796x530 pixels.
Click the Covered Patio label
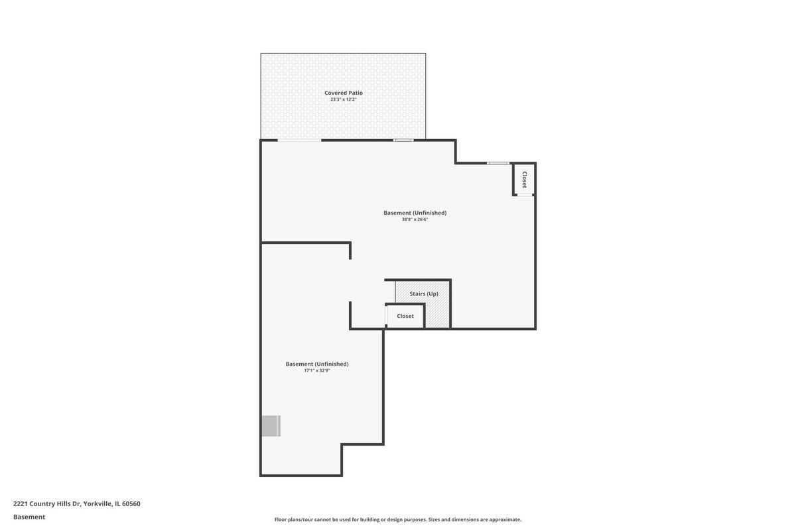click(344, 93)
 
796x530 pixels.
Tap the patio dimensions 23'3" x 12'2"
click(344, 99)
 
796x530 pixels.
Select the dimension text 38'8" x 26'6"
click(415, 219)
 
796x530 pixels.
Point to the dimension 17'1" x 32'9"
click(317, 370)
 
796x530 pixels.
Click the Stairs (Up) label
click(424, 294)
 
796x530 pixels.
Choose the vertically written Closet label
click(524, 180)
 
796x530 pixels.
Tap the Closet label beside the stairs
click(405, 316)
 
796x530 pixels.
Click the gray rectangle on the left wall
click(271, 426)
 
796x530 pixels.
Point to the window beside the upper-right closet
click(498, 163)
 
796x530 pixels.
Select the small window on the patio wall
click(403, 140)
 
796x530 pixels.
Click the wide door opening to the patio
click(299, 140)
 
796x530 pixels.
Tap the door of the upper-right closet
click(525, 195)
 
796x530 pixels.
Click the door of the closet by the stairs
click(386, 315)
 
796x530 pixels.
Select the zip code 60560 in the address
click(131, 503)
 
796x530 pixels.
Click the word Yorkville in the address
click(98, 503)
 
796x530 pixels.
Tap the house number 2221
click(21, 503)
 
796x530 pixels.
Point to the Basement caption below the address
click(29, 517)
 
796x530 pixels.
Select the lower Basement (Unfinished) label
click(317, 364)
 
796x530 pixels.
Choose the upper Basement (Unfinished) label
click(415, 213)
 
